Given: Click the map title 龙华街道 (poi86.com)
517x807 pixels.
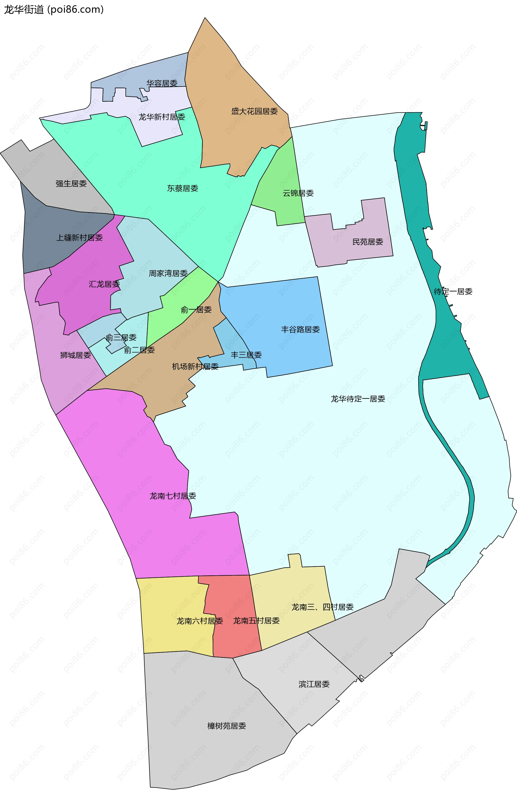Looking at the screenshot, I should pos(54,9).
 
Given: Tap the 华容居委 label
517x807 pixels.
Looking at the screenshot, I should pos(162,83).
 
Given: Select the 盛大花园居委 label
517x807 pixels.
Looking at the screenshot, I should pos(254,111).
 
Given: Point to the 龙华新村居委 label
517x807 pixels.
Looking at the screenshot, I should pos(162,117).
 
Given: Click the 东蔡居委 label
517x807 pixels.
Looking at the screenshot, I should pos(183,188).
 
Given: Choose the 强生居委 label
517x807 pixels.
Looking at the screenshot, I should pos(71,184).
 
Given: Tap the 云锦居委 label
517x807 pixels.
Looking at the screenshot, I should pos(298,193).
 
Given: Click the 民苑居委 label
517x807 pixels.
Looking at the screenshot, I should pos(368,242).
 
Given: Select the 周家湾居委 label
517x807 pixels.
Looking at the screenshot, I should pos(168,273).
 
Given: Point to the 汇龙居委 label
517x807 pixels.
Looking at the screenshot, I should pos(104,284).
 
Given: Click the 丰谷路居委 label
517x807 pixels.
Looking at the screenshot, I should pos(301,329).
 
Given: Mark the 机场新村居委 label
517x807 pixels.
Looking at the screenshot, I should pos(195,366).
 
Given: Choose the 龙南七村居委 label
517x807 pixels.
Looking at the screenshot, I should pos(173,496).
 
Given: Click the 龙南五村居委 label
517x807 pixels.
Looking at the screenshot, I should pos(257,621).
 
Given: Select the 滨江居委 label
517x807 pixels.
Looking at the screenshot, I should pos(314,684).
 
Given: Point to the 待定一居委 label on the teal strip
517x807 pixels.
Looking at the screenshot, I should pos(453,291).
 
